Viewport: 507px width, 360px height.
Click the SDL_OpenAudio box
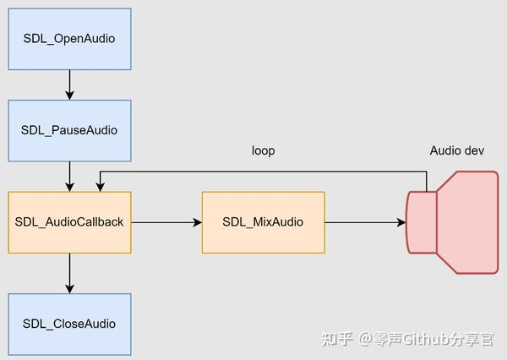click(x=69, y=39)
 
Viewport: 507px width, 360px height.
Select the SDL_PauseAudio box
click(x=69, y=130)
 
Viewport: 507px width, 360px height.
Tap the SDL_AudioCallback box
click(x=69, y=222)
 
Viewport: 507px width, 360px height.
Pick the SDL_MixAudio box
click(x=263, y=222)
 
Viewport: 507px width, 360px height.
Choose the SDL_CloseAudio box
click(x=69, y=324)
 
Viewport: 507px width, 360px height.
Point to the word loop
click(x=263, y=151)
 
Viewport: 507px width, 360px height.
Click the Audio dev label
click(x=456, y=151)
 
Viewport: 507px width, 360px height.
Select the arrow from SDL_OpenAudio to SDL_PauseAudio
click(x=69, y=85)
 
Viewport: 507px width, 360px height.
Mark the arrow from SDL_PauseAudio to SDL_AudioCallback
click(x=69, y=177)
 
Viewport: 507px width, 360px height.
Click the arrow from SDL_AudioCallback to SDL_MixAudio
click(x=166, y=222)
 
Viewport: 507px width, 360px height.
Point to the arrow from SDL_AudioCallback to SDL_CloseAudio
click(x=69, y=273)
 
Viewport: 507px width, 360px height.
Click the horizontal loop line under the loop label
click(x=263, y=172)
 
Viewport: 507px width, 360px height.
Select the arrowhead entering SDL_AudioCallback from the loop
click(x=101, y=187)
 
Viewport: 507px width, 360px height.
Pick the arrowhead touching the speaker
click(x=401, y=222)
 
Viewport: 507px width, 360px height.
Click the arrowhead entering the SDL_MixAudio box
click(x=198, y=222)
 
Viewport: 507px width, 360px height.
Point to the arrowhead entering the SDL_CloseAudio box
click(x=69, y=288)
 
